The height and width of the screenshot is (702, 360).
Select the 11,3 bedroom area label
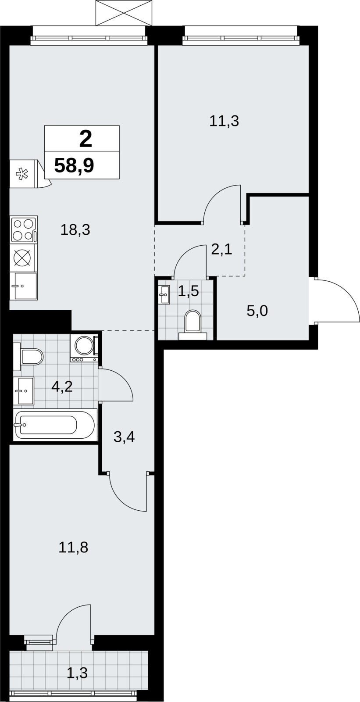[224, 121]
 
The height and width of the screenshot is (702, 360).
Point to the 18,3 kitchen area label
[75, 230]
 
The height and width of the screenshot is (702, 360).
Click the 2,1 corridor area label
[221, 250]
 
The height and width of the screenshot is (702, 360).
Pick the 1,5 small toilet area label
[188, 291]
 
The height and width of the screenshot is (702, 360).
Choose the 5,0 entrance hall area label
[257, 311]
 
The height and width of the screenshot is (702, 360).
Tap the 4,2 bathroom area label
[62, 387]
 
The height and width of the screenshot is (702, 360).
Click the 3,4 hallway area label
[124, 437]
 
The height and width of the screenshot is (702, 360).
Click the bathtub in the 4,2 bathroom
[54, 425]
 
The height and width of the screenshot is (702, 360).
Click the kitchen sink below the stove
[24, 286]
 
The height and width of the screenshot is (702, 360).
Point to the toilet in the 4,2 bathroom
[28, 357]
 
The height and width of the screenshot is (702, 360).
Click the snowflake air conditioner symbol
[22, 174]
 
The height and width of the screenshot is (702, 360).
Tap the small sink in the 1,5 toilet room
[164, 294]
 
